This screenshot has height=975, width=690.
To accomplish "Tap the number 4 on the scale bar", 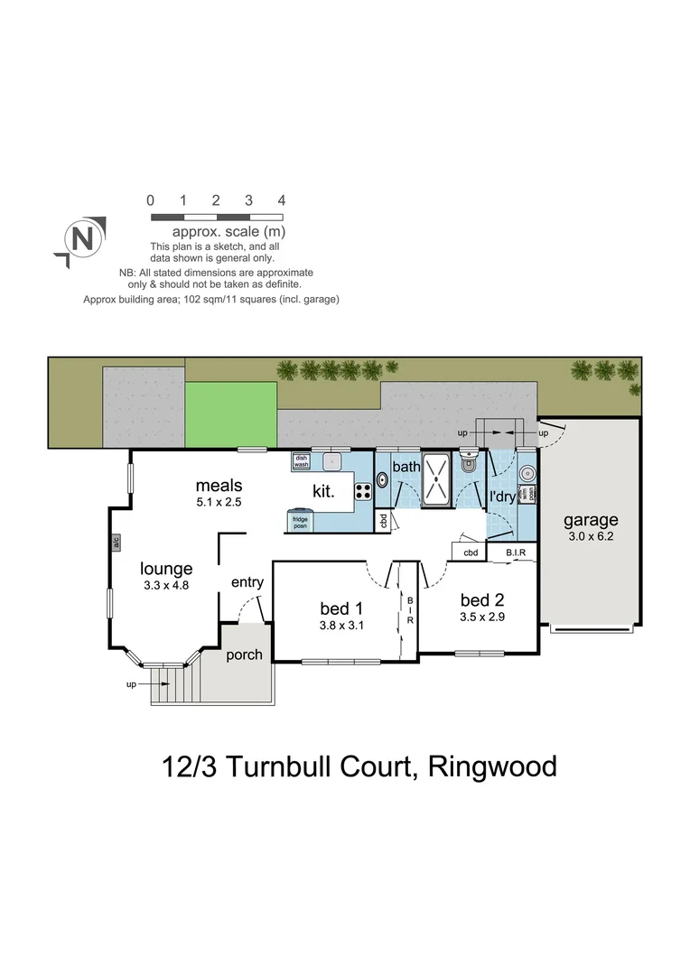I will click(282, 200).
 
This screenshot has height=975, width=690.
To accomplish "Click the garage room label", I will click(591, 520).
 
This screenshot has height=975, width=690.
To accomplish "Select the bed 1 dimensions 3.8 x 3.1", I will click(340, 625).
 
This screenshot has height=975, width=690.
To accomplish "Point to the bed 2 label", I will click(481, 600).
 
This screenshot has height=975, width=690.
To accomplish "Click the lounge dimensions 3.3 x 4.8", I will click(166, 586).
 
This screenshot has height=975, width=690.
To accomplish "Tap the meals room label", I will click(219, 486).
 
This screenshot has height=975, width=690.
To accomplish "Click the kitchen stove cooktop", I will click(363, 492).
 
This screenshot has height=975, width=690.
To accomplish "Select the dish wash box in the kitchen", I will click(301, 461).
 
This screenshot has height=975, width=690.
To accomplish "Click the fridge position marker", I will click(300, 522).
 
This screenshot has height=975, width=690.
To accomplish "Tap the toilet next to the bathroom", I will click(467, 464).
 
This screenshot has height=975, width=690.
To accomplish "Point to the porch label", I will click(244, 655).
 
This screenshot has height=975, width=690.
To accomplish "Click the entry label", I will click(247, 583).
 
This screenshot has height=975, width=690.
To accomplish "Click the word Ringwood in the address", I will click(492, 766).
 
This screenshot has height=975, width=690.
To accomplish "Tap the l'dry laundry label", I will click(502, 497).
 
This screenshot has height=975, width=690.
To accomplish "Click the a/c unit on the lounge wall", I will click(116, 543).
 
